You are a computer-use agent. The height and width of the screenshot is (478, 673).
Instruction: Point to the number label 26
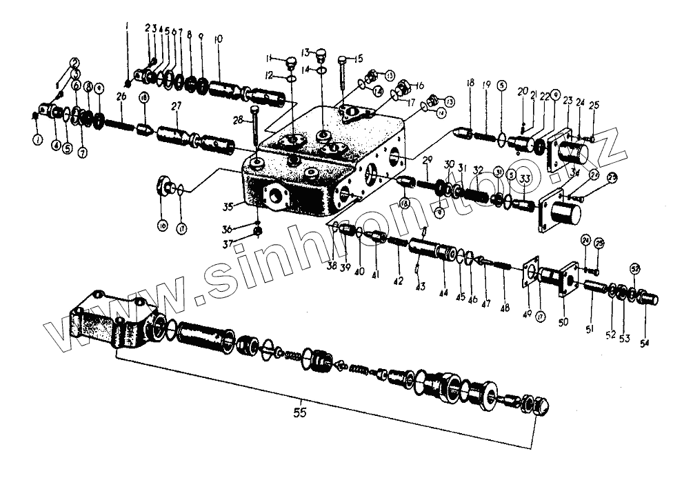[121, 98]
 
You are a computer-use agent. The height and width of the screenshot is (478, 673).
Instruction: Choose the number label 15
[359, 59]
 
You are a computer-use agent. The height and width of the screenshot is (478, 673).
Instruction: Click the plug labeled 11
[289, 63]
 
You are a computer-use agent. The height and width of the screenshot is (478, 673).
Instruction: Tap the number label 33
[525, 179]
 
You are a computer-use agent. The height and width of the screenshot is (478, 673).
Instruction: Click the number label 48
[505, 308]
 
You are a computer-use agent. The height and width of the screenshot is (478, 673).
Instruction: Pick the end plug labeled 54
[647, 299]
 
